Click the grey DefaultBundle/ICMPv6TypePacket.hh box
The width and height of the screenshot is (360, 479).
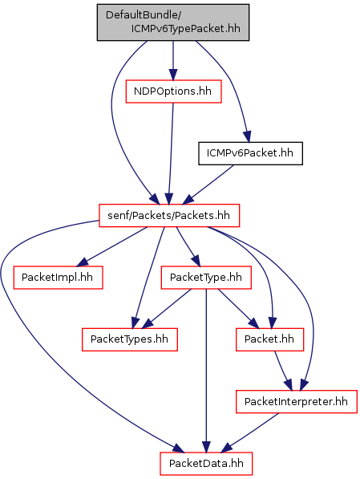(x=173, y=22)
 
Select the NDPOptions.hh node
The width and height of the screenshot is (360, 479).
(x=173, y=91)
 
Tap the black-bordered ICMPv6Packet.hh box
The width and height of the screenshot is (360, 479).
(x=250, y=153)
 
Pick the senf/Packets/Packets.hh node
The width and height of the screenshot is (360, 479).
(x=169, y=215)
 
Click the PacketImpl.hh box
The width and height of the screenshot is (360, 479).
(x=58, y=278)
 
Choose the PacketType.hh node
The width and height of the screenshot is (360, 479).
(x=206, y=278)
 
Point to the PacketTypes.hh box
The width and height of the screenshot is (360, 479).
(x=129, y=339)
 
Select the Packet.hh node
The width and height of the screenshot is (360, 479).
(x=269, y=339)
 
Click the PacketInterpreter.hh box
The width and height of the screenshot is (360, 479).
(x=296, y=401)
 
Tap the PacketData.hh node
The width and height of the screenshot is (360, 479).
(x=206, y=464)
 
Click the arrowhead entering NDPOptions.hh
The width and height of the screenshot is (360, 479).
(x=173, y=75)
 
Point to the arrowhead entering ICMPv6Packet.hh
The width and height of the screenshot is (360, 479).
(x=247, y=137)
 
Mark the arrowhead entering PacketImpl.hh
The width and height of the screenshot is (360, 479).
(x=82, y=262)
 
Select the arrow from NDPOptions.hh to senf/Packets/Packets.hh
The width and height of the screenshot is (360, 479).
(x=171, y=153)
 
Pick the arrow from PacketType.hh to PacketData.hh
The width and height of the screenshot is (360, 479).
(x=206, y=371)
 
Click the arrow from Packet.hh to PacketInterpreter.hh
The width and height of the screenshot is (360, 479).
(x=282, y=371)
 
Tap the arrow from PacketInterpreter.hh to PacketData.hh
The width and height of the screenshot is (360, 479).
(x=249, y=433)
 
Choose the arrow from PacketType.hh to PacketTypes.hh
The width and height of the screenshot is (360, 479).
(x=166, y=309)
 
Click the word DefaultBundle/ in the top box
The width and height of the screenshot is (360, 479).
(x=144, y=15)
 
